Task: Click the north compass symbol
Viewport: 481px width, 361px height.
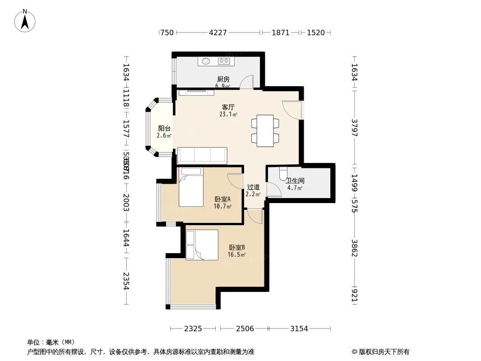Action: click(x=25, y=20)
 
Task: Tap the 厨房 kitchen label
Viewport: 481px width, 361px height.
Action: click(x=223, y=79)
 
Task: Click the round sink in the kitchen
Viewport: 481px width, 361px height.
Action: click(x=206, y=61)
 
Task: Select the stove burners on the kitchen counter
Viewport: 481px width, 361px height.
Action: click(x=224, y=61)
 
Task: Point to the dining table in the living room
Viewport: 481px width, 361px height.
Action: click(x=265, y=131)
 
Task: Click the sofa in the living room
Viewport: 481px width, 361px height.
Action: click(x=202, y=156)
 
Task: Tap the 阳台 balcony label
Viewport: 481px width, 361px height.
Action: click(x=164, y=129)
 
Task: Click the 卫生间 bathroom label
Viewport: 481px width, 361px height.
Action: click(x=295, y=180)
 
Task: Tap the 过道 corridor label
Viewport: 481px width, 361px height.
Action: click(x=253, y=187)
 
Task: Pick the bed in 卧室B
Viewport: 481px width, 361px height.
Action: click(x=202, y=245)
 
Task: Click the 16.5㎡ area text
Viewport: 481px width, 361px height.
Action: click(x=236, y=255)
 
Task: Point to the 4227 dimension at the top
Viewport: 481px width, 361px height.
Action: click(x=218, y=32)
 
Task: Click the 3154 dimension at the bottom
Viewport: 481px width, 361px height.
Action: click(x=299, y=329)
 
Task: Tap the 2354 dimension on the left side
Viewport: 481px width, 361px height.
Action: click(x=126, y=282)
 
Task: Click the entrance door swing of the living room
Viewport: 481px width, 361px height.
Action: click(x=291, y=110)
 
